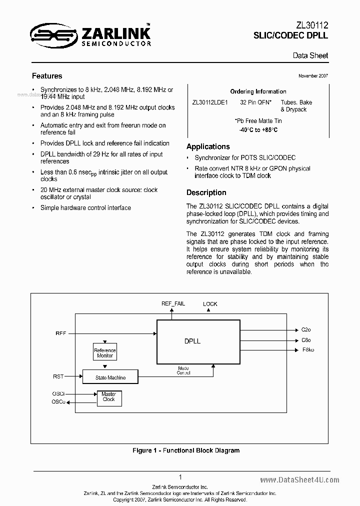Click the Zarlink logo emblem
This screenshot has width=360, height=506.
(52, 34)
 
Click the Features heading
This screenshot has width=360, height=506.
(47, 76)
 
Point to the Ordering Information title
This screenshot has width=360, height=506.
(258, 91)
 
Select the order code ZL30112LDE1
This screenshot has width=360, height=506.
(210, 102)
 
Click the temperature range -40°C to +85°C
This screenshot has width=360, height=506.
(258, 130)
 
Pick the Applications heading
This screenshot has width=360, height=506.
(208, 146)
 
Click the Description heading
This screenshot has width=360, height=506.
(206, 192)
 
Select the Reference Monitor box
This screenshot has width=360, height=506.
(105, 353)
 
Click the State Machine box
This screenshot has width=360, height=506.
(110, 377)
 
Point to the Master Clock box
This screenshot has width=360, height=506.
(108, 397)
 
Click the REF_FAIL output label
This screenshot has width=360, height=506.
(173, 303)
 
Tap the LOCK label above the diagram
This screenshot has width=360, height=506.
(210, 304)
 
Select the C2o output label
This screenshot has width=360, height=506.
(306, 330)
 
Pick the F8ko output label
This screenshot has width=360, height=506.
(308, 349)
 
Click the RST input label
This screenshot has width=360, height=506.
(58, 376)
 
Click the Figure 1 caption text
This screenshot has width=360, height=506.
(186, 450)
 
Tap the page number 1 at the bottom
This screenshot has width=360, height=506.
(180, 477)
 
